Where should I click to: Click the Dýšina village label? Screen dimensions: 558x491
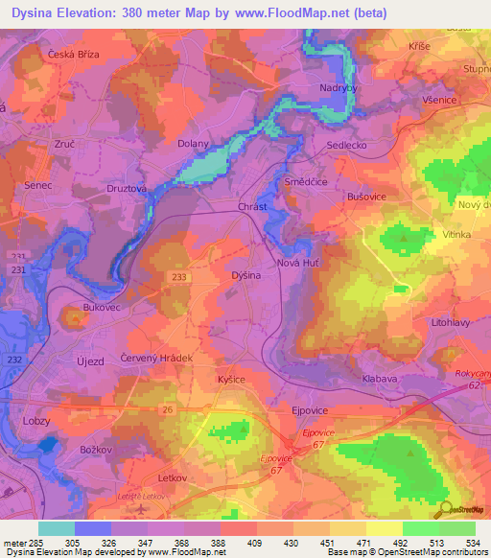246,275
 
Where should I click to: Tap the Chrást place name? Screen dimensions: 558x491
251,206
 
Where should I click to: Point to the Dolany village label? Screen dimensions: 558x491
193,145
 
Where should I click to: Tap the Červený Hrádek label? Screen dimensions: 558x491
157,358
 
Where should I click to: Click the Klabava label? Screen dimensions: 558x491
380,379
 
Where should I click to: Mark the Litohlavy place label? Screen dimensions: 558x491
452,323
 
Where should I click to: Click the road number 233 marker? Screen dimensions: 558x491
179,277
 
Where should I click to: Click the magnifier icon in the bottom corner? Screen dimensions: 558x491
444,510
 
